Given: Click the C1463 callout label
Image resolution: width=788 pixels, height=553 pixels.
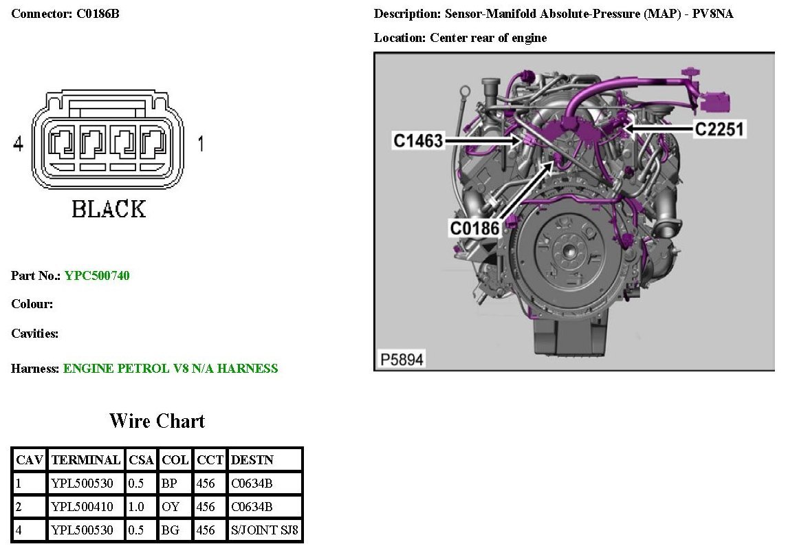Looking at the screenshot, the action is [x=418, y=141].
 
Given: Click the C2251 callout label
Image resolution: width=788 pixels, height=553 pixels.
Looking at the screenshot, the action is [x=719, y=129].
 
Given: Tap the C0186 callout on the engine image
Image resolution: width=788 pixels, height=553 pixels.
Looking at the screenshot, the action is [x=474, y=228].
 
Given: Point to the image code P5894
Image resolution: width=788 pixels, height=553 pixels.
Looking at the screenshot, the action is [x=402, y=359].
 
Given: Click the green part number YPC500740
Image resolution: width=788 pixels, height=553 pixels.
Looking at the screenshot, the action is [x=97, y=276].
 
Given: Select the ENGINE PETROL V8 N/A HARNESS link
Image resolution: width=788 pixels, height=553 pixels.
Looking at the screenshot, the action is [x=171, y=369].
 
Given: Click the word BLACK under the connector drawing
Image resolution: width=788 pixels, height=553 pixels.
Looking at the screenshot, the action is [x=109, y=209].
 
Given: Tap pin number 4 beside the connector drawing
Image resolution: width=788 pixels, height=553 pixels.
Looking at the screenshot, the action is [x=19, y=144].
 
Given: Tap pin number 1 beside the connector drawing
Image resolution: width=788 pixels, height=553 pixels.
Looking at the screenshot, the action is [x=200, y=144].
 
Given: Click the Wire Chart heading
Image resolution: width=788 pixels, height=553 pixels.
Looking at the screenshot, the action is [x=157, y=421].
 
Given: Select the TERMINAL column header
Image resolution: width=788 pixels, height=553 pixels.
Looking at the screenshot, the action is [x=85, y=459].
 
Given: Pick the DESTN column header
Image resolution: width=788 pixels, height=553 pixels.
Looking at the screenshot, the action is [x=252, y=459].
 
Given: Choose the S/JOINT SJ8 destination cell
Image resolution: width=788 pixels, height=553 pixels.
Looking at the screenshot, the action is [x=265, y=530].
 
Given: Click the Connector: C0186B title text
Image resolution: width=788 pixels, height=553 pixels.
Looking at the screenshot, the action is [x=65, y=14].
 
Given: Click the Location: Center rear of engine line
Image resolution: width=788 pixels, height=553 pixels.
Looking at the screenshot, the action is [x=460, y=38].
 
